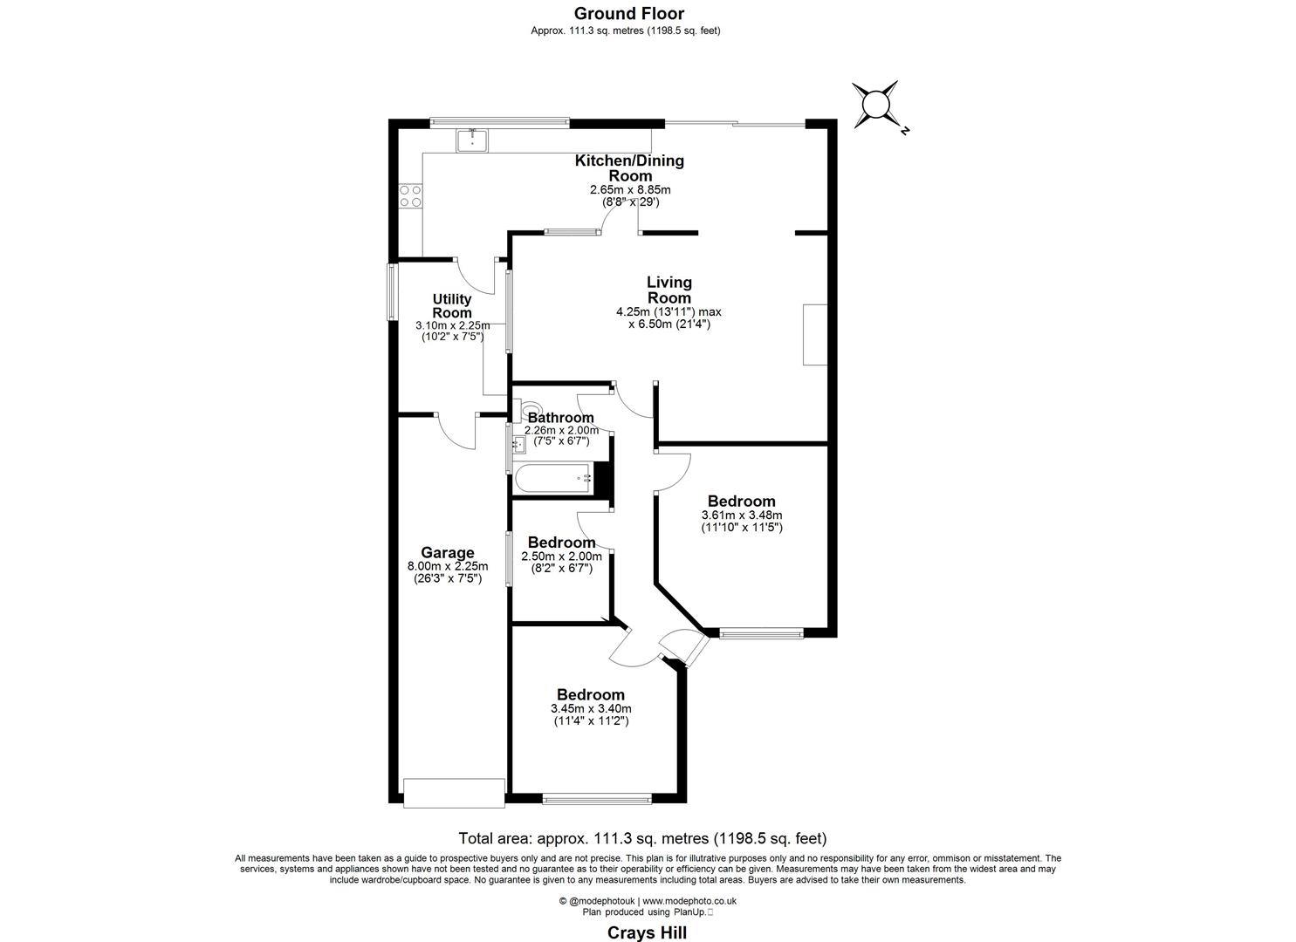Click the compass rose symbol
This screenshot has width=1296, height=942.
coord(875,106)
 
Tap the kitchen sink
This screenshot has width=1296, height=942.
coord(472,140)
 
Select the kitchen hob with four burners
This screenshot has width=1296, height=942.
coord(410,195)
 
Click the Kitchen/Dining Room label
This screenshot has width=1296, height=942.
coord(628,167)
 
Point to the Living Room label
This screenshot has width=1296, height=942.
coord(669,290)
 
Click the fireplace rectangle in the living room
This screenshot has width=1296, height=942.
coord(814,335)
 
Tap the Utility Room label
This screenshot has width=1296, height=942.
coord(452,306)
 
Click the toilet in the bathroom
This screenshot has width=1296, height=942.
coord(529,409)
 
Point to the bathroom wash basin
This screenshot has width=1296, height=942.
coord(518,446)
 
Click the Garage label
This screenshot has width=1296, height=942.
coord(448,552)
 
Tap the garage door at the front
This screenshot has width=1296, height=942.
coord(454,792)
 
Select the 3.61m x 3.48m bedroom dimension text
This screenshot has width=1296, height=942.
coord(741,515)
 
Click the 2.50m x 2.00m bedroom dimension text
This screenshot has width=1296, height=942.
coord(561,556)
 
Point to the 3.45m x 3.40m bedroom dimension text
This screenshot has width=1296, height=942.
coord(591,709)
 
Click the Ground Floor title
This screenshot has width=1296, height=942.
coord(628,13)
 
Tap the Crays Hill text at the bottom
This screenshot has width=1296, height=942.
coord(647,932)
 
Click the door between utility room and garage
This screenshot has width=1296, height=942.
coord(456,429)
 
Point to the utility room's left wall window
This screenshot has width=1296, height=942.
coord(392,293)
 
